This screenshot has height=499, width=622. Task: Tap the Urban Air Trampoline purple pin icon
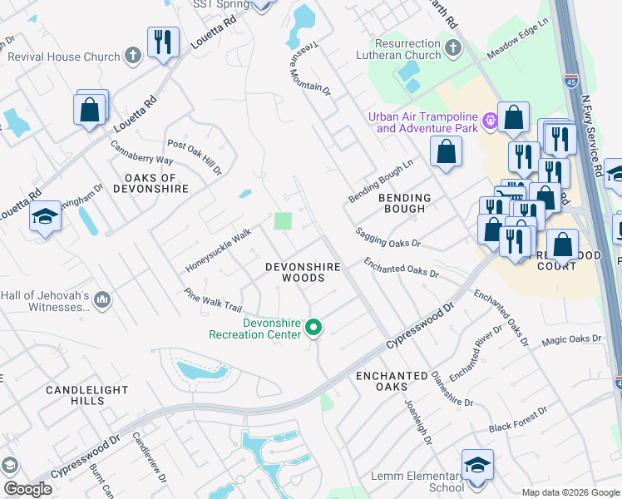[491, 121]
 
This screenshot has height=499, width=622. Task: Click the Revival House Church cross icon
[131, 57]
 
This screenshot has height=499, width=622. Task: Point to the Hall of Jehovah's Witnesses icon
[102, 299]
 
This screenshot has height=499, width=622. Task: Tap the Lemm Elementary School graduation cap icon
[478, 465]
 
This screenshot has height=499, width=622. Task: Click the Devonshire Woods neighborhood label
[303, 273]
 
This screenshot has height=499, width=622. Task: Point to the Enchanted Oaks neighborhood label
[392, 382]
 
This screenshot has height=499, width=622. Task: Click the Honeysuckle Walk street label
[219, 250]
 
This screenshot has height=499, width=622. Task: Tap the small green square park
[284, 221]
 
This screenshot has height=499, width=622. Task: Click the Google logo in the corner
[27, 489]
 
